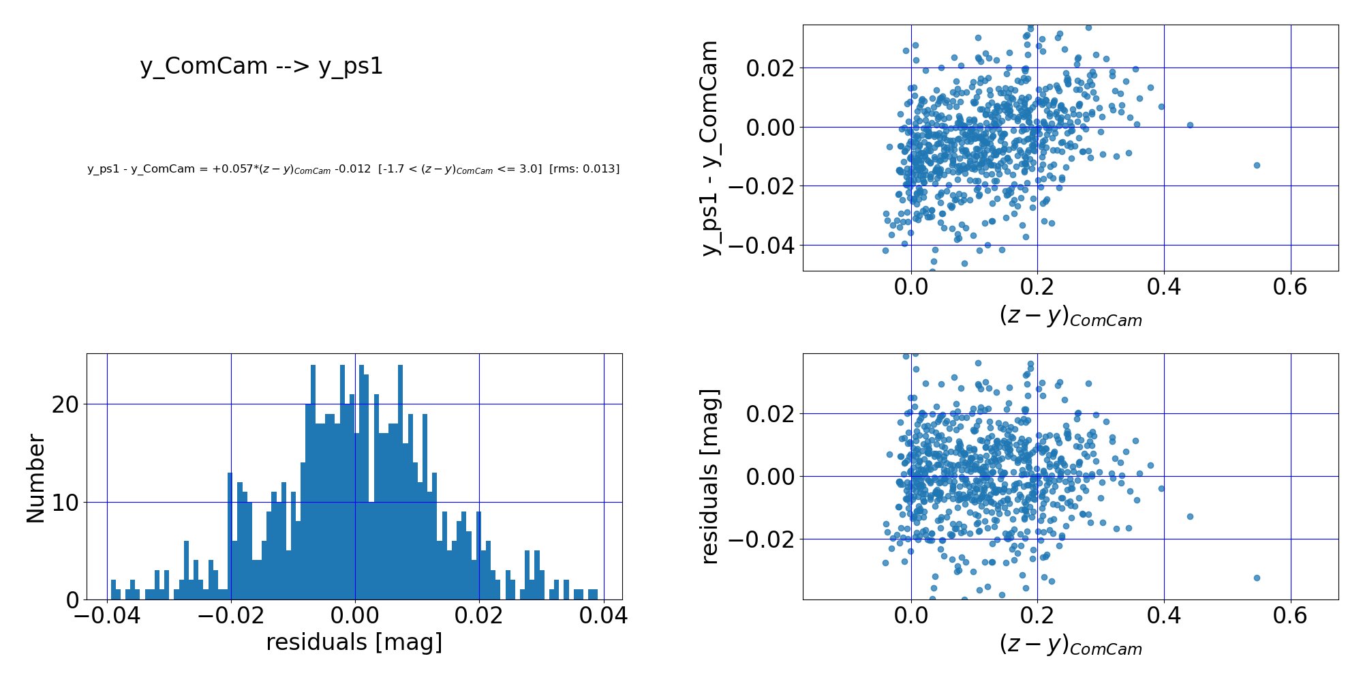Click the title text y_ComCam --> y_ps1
pos(262,66)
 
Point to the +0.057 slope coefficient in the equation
pos(227,169)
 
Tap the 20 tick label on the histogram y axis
pos(65,404)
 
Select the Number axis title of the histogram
pos(35,479)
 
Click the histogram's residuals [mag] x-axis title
pos(354,642)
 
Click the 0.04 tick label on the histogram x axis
pos(604,616)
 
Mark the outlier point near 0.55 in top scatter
pos(1257,165)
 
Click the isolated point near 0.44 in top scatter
pos(1190,125)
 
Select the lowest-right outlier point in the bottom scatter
pos(1257,578)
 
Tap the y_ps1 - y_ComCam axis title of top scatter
pos(710,148)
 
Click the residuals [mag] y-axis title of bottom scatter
pos(710,477)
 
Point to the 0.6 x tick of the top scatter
pos(1290,287)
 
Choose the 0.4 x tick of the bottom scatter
pos(1163,616)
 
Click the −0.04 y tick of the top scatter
pos(761,245)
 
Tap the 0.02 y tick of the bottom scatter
pos(770,414)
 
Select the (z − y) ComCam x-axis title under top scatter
pos(1070,316)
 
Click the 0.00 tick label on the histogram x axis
pos(354,616)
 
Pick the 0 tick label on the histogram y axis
pos(73,600)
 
